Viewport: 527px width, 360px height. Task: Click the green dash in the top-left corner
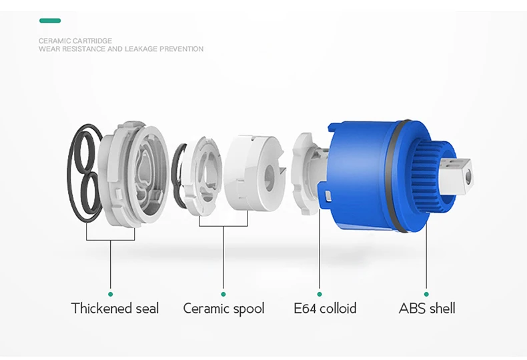click(x=49, y=21)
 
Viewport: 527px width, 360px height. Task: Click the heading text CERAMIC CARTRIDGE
click(x=75, y=41)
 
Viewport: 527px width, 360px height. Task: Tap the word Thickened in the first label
click(x=101, y=308)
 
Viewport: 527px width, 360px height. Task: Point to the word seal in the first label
click(x=146, y=308)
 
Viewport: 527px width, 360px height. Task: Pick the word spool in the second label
click(x=248, y=309)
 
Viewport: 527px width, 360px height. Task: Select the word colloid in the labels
click(x=338, y=308)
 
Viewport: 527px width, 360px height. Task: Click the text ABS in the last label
click(x=412, y=308)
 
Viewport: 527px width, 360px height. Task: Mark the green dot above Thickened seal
click(x=111, y=293)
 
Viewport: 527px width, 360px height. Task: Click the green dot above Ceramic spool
click(x=223, y=293)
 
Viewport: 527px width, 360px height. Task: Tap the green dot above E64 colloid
click(x=320, y=293)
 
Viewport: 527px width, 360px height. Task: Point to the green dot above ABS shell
click(x=426, y=293)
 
